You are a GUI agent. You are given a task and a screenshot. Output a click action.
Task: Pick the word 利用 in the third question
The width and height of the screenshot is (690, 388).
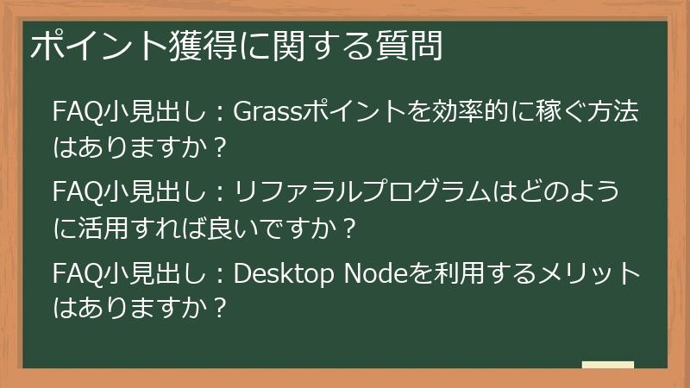445,275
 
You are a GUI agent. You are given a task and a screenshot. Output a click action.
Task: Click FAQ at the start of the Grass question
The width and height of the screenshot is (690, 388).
72,113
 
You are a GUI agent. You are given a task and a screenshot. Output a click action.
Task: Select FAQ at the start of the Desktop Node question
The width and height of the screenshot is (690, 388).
72,275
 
